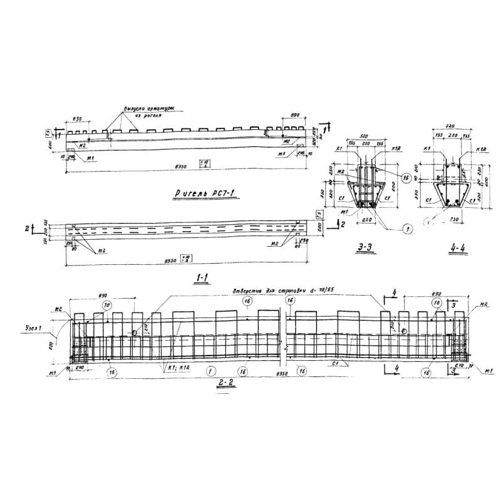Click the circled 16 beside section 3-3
(405, 178)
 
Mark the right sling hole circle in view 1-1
(405, 331)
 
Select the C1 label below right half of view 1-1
(336, 363)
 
